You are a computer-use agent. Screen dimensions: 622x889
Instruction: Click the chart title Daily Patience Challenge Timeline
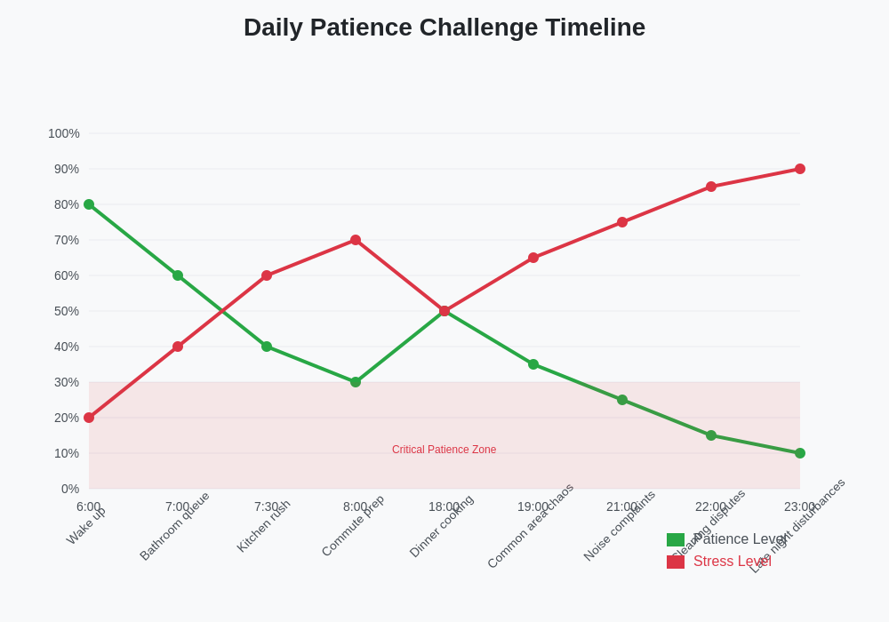tap(444, 28)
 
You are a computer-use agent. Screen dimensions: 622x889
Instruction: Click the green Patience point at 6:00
tap(89, 204)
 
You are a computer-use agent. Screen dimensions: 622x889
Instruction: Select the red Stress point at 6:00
tap(89, 418)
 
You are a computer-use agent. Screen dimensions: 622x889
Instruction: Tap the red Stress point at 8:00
tap(356, 240)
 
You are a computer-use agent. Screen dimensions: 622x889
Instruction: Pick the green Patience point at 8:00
tap(356, 382)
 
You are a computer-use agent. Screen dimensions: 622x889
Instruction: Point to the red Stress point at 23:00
tap(800, 169)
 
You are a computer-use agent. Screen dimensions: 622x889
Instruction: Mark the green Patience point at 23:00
tap(800, 453)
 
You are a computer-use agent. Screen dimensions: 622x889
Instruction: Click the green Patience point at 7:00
tap(178, 275)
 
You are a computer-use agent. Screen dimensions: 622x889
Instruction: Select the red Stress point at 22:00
tap(711, 187)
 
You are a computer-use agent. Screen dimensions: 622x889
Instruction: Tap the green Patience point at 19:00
tap(533, 364)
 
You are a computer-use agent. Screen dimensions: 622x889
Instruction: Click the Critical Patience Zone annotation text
tap(444, 450)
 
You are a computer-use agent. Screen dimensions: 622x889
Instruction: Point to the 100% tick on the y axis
tap(64, 133)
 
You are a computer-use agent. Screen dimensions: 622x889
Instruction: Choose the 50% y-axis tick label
tap(67, 311)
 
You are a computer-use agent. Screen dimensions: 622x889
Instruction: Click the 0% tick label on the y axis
tap(70, 489)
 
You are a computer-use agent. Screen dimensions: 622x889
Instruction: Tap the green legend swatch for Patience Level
tap(676, 539)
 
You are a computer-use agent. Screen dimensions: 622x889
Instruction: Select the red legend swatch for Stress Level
tap(676, 562)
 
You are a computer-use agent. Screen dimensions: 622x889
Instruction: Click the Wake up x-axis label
tap(86, 526)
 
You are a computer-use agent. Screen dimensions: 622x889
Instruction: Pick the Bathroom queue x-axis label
tap(174, 526)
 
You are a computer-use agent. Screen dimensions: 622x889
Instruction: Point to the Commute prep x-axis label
tap(353, 526)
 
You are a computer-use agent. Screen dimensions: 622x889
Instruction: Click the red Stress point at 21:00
tap(622, 222)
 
